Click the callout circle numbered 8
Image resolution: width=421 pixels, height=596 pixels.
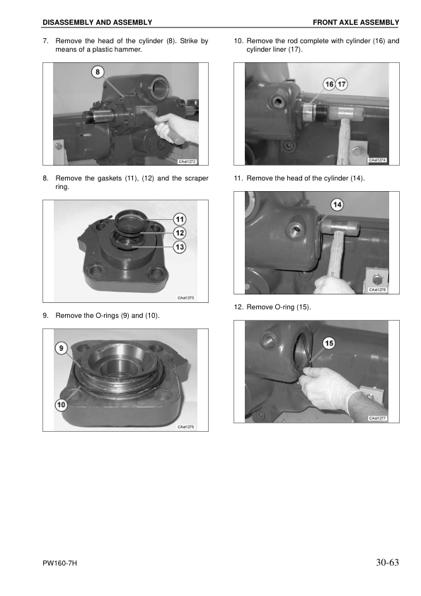click(98, 72)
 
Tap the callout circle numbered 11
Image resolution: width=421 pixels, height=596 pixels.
click(180, 219)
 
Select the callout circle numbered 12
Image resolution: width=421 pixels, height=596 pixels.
click(180, 232)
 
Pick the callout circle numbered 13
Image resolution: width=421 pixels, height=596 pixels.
click(180, 246)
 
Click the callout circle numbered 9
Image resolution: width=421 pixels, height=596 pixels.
click(62, 348)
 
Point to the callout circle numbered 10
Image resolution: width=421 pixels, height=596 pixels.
click(62, 404)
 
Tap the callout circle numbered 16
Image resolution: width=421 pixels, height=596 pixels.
click(329, 84)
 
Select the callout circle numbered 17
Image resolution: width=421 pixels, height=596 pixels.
click(342, 84)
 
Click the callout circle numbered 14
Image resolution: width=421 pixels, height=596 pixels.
click(338, 205)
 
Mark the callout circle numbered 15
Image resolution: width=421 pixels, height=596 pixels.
click(329, 343)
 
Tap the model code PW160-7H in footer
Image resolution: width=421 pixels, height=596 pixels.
click(59, 563)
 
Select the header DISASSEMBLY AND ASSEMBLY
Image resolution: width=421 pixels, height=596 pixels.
click(97, 23)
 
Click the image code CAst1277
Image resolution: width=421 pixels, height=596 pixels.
click(378, 418)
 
